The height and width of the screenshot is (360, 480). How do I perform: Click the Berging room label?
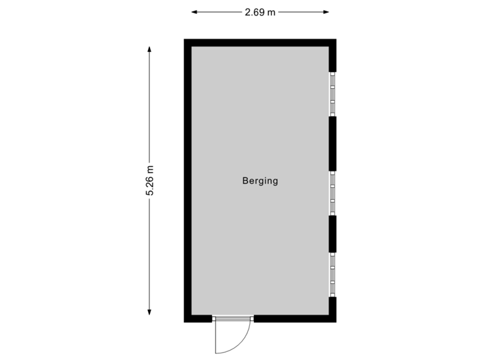coord(260,180)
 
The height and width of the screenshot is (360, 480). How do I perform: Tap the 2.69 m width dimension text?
coord(260,12)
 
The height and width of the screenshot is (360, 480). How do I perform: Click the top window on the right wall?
coord(333,94)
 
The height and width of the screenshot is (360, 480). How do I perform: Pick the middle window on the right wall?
coord(333,193)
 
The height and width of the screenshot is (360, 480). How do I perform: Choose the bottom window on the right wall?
coord(333,274)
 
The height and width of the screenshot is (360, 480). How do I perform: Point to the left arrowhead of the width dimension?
coord(194,12)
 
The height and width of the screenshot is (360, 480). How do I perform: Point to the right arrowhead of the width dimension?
coord(327,12)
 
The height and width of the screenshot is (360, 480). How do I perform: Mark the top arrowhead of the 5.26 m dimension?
coord(149,49)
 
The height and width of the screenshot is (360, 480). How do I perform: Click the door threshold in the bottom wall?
coord(233,319)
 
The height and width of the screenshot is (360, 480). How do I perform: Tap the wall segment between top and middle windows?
coord(333,143)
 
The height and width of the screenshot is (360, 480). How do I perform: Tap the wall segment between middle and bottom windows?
coord(333,233)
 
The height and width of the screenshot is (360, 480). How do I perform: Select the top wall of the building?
coord(260,42)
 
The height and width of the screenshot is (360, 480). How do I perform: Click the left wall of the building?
coord(187,180)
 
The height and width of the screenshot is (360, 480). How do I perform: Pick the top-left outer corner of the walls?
coord(185,39)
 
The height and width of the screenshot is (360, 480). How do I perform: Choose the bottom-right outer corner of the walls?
coord(335,322)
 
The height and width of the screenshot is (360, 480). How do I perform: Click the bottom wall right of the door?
coord(293,319)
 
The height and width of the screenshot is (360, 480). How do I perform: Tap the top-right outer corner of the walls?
coord(335,39)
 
